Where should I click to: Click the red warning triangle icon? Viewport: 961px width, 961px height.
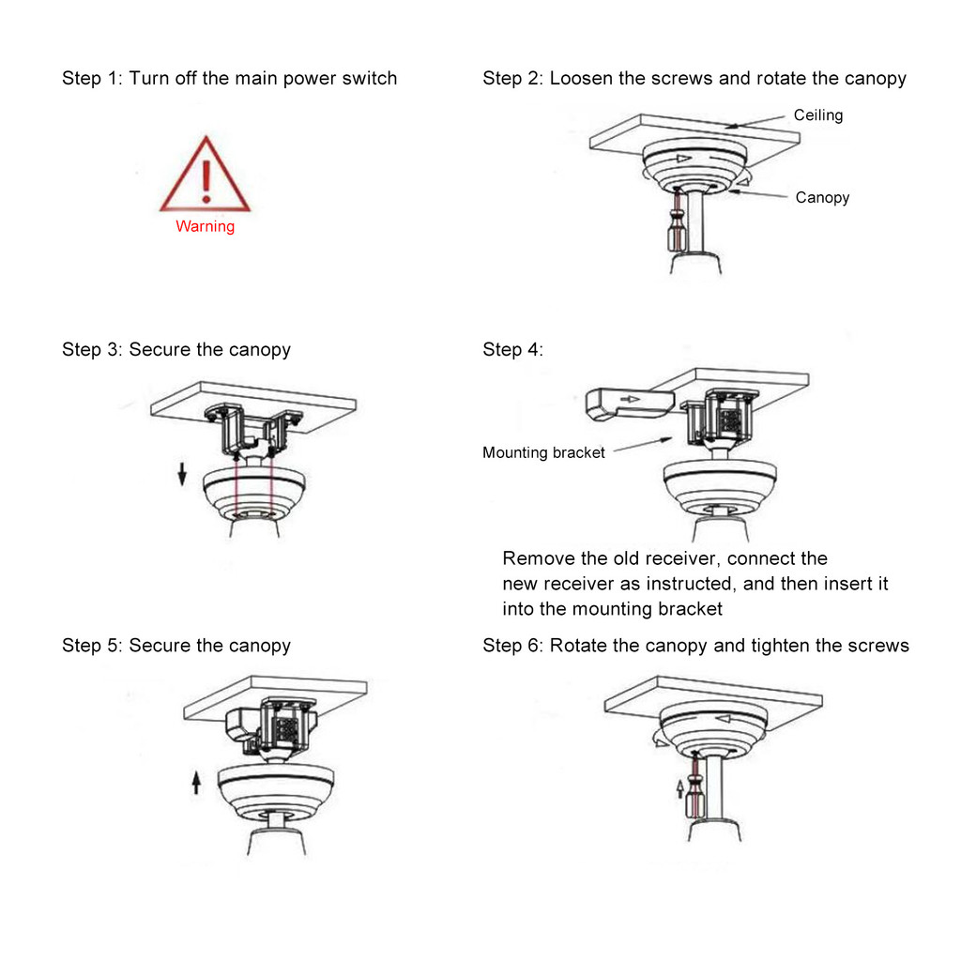pos(205,177)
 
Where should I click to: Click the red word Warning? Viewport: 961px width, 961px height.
pos(205,226)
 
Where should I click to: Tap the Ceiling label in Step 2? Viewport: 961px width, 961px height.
pos(817,115)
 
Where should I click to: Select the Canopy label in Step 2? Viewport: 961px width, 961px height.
pos(822,197)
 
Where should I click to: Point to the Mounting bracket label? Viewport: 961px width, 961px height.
pos(543,452)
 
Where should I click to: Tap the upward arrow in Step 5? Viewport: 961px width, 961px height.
pos(196,782)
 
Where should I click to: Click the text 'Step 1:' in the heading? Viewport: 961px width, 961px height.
pos(92,78)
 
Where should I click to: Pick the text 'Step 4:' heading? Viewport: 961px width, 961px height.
pos(512,350)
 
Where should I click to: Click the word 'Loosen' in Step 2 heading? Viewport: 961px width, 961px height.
pos(581,78)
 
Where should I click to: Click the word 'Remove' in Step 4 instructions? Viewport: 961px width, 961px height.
pos(536,558)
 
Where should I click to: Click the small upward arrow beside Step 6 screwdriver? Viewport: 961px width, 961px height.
pos(680,786)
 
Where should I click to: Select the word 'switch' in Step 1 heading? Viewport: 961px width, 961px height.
pos(369,78)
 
